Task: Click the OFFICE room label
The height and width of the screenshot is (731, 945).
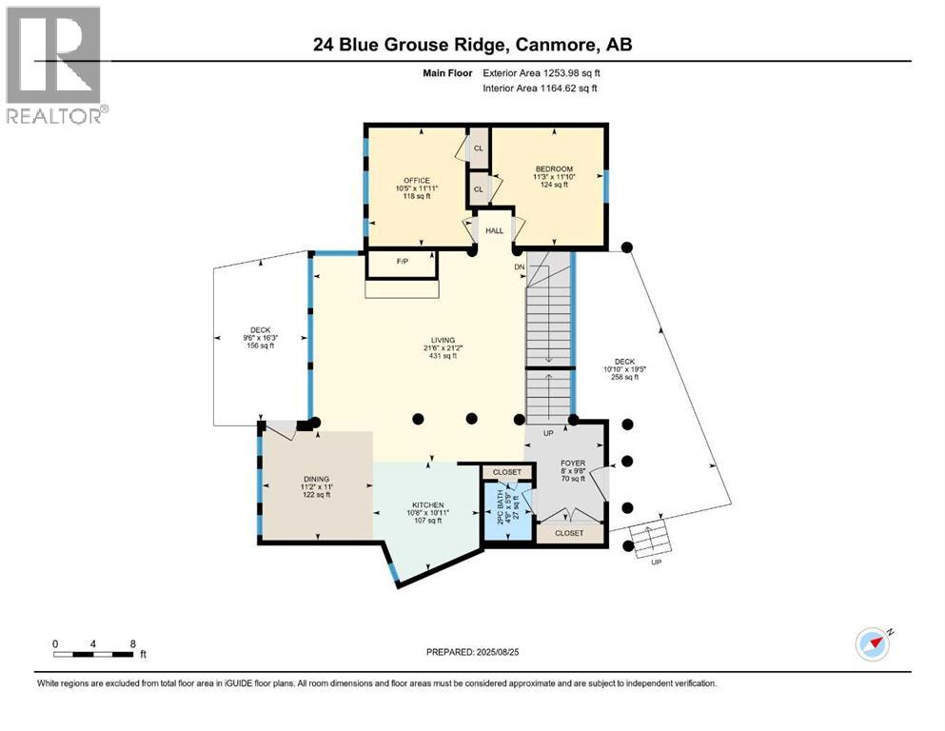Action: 417,181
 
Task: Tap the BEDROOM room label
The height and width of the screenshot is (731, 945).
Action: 553,168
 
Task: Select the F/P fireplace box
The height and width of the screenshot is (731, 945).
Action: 402,259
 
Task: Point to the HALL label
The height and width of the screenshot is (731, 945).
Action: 494,230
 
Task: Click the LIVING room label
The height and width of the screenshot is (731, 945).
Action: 443,340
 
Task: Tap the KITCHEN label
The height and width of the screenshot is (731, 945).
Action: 427,505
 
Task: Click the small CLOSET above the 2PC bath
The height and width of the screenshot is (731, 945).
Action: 507,472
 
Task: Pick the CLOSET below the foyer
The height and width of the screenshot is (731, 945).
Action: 569,533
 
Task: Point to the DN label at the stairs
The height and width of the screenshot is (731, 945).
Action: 519,267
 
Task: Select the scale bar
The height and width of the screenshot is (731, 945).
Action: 92,654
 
